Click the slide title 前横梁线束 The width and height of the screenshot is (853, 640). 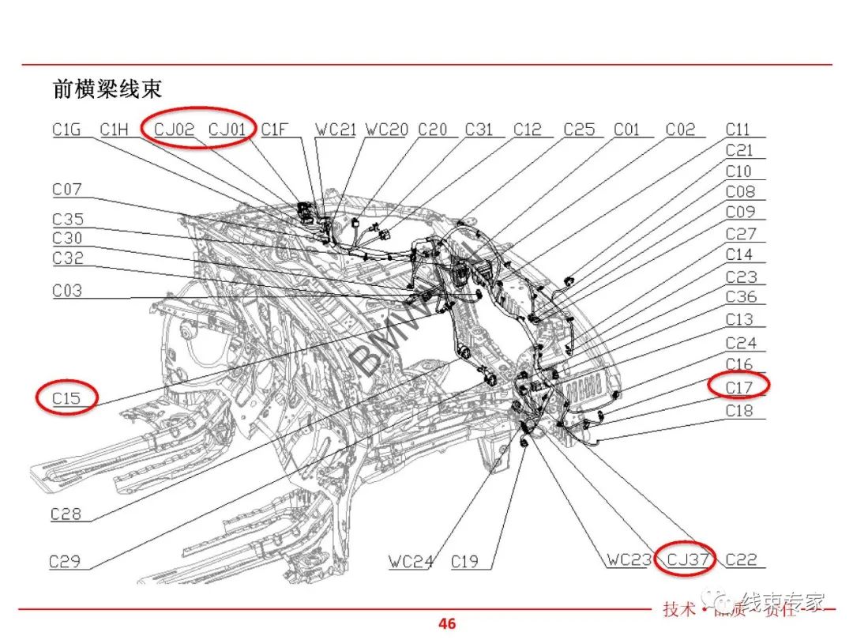107,88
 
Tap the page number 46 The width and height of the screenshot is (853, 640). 447,623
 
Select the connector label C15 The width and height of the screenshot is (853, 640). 66,398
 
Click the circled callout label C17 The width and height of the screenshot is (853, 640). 739,387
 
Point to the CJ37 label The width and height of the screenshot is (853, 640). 687,560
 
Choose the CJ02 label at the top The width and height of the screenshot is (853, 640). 174,129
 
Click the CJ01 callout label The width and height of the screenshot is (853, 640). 227,129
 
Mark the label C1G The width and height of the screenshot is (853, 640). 67,129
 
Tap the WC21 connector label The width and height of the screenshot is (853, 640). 336,129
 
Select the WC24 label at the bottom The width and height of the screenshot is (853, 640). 411,562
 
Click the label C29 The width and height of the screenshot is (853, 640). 65,562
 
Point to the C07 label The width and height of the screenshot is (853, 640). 67,190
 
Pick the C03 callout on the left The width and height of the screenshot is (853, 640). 67,291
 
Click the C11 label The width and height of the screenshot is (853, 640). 739,129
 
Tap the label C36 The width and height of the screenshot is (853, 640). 741,297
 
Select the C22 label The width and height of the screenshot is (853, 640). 741,560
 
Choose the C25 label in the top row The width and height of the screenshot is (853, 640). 579,129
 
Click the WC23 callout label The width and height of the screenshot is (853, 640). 629,560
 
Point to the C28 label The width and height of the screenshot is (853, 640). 66,514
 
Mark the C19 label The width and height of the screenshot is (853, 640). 465,562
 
